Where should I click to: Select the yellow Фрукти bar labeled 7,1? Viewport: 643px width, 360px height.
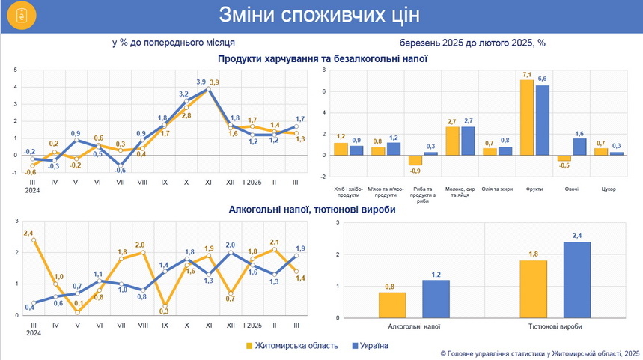pyautogui.click(x=527, y=117)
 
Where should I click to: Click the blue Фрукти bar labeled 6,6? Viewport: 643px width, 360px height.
pyautogui.click(x=543, y=120)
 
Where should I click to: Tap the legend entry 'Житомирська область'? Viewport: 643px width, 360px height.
pyautogui.click(x=292, y=346)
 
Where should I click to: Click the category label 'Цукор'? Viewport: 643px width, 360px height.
pyautogui.click(x=608, y=189)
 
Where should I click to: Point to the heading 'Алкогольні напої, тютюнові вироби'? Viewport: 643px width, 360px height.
pyautogui.click(x=312, y=210)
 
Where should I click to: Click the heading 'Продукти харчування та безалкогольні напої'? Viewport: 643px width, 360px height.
pyautogui.click(x=323, y=58)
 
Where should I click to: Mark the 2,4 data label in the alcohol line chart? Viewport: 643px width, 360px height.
pyautogui.click(x=28, y=234)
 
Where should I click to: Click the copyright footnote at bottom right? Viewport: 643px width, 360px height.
pyautogui.click(x=540, y=353)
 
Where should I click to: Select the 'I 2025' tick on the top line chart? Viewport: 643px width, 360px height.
pyautogui.click(x=254, y=182)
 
